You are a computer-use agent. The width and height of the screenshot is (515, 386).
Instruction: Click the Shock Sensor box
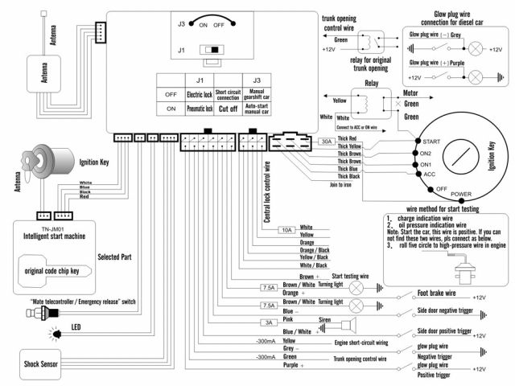pyautogui.click(x=40, y=363)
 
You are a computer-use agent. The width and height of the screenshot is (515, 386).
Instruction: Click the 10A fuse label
pyautogui.click(x=286, y=230)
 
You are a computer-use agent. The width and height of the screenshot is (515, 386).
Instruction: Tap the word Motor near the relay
pyautogui.click(x=412, y=91)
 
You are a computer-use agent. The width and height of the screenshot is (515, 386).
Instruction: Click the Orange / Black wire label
pyautogui.click(x=314, y=250)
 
